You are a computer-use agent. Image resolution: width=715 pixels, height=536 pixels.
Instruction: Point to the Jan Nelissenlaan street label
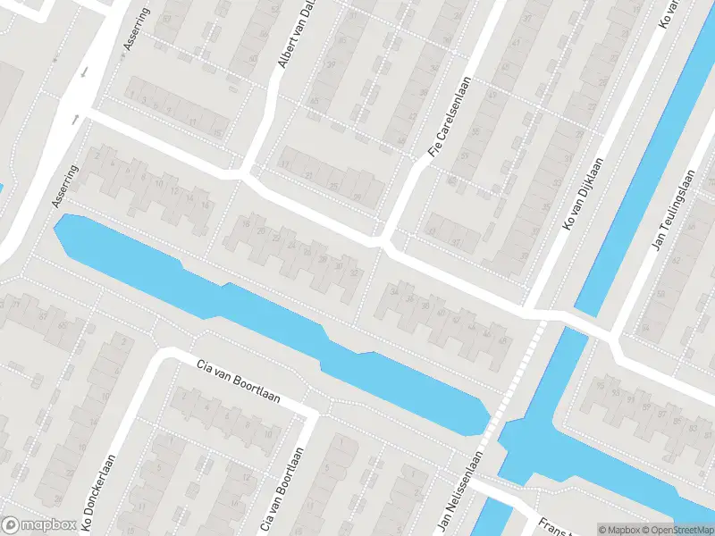pyautogui.click(x=459, y=491)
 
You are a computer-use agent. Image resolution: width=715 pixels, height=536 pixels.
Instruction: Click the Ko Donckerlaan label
pyautogui.click(x=99, y=488)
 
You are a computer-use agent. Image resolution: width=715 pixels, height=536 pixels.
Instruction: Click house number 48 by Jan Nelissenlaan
pyautogui.click(x=502, y=340)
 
